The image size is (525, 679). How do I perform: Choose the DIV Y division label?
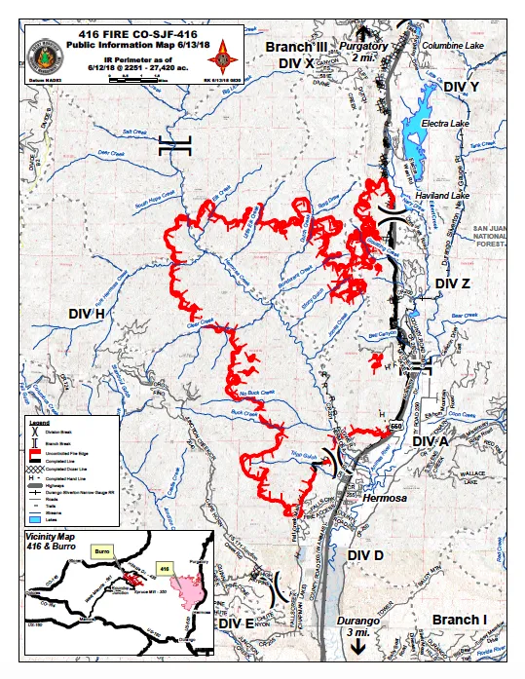pos(461,88)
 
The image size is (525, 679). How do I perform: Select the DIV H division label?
pos(87,313)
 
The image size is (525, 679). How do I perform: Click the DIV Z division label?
pos(452,283)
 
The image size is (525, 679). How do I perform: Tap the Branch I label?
pos(460,621)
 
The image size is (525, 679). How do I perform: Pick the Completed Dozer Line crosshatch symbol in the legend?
pos(35,470)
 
